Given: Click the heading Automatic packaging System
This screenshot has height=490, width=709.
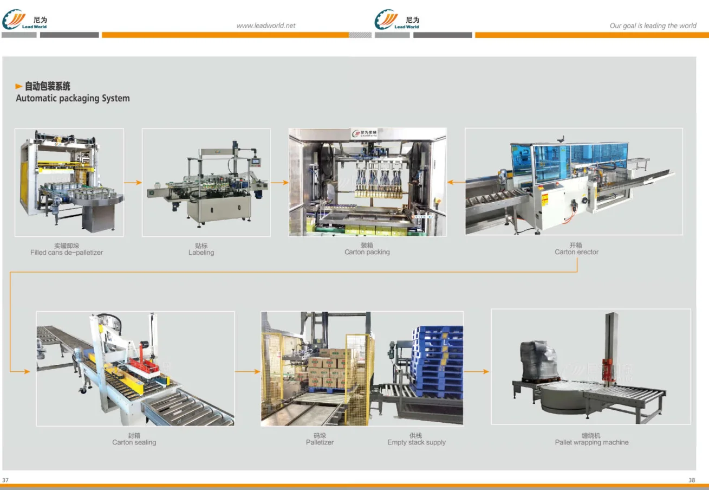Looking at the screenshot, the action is point(73,98).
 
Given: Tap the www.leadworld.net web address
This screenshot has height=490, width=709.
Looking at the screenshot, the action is point(266,25).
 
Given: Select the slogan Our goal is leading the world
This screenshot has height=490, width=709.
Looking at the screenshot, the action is point(653,25).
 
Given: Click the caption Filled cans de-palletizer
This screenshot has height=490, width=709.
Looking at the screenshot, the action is point(67,253).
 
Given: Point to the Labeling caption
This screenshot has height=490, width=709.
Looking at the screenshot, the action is point(201,253).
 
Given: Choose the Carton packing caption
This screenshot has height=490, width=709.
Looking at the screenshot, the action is point(367,252).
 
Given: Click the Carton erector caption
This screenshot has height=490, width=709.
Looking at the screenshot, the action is point(576,252).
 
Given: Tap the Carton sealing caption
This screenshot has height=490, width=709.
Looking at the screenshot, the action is point(134,442).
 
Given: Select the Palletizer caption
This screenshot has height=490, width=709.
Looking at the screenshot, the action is point(320,442).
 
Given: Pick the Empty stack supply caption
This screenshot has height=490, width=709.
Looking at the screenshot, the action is point(416,442).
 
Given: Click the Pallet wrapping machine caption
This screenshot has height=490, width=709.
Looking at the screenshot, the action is point(591,442).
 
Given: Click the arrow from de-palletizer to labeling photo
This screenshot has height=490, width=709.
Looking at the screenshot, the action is point(133,183).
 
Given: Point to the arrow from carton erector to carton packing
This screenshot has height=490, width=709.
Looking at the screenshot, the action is point(456,183).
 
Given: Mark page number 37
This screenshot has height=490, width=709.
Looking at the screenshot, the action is point(5,480).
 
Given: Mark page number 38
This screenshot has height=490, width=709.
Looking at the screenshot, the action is point(692,480).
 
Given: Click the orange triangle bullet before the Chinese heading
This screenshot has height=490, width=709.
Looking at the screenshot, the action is point(19,86).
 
